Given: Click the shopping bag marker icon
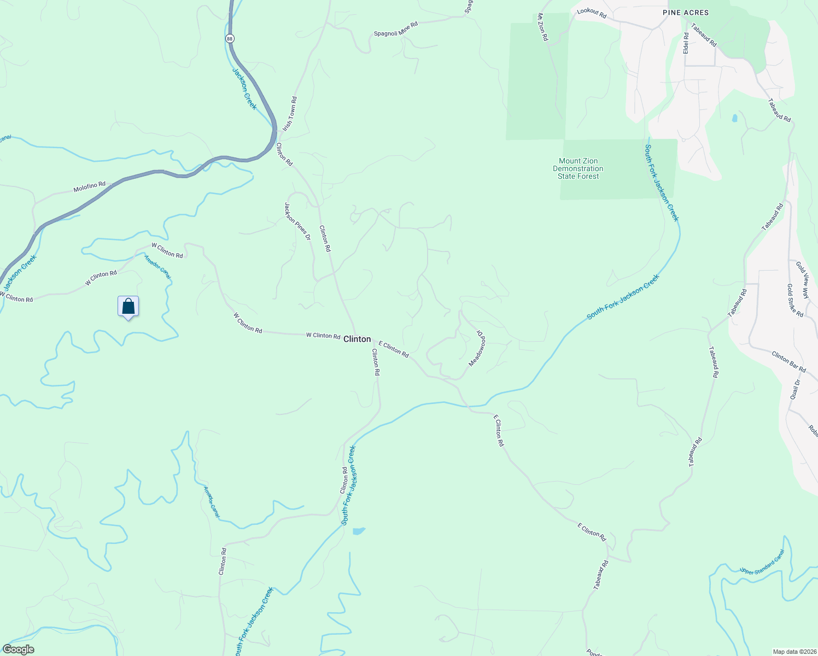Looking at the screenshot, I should [128, 307].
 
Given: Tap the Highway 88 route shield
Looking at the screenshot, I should [230, 38].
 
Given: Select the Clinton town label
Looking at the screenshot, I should [357, 339].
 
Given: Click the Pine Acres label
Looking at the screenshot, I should [685, 13].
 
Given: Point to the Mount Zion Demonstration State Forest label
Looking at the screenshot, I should [578, 168].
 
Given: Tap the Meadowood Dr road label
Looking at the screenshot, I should [477, 348].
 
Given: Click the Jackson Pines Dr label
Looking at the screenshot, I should [297, 221].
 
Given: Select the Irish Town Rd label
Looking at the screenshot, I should [290, 114].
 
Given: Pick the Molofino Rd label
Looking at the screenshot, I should [90, 188].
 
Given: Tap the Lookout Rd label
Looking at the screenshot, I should [592, 14].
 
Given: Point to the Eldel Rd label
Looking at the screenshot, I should [686, 43].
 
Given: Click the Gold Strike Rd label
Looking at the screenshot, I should [795, 300].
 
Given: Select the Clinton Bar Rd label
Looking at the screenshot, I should [788, 362].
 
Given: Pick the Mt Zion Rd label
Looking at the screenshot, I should [542, 27].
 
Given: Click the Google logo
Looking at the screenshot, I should [19, 649].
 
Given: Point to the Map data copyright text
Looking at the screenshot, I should [793, 652].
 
